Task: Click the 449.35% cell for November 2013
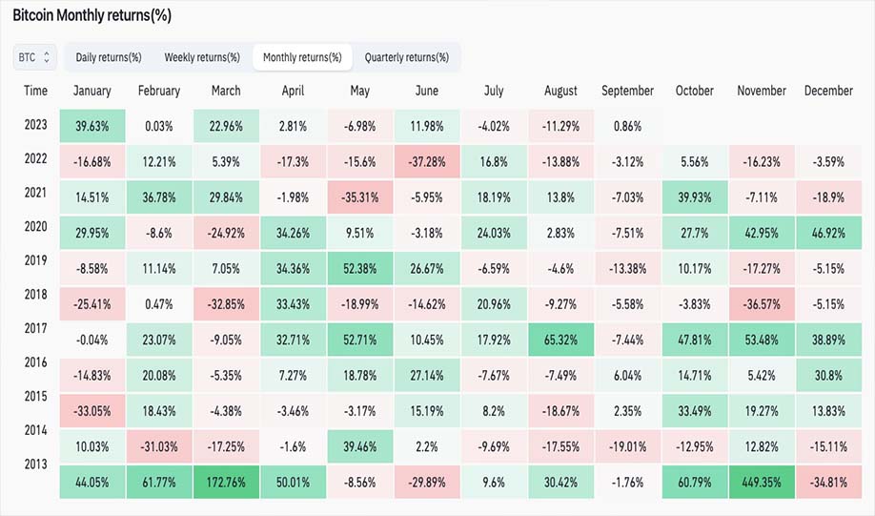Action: click(x=762, y=482)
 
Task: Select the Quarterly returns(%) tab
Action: click(x=407, y=57)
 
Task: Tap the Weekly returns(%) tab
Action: click(x=202, y=57)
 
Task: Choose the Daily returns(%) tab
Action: click(x=109, y=57)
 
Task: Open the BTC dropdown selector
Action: click(x=34, y=57)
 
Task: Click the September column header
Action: click(x=627, y=91)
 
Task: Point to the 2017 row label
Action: click(x=35, y=328)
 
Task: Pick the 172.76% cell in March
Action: click(x=226, y=482)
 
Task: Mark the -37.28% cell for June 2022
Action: click(x=427, y=162)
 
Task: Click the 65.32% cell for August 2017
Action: click(x=560, y=340)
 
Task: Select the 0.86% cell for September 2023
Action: click(x=628, y=126)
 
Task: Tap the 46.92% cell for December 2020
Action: click(x=828, y=233)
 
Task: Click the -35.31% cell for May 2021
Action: click(x=360, y=197)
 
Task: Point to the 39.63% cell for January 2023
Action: click(x=92, y=126)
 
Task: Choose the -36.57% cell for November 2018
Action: click(x=762, y=304)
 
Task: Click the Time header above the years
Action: click(x=35, y=91)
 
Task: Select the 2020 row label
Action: click(x=35, y=226)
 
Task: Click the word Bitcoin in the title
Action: click(x=33, y=15)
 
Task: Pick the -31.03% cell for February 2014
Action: click(x=159, y=446)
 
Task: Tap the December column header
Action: click(x=828, y=91)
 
